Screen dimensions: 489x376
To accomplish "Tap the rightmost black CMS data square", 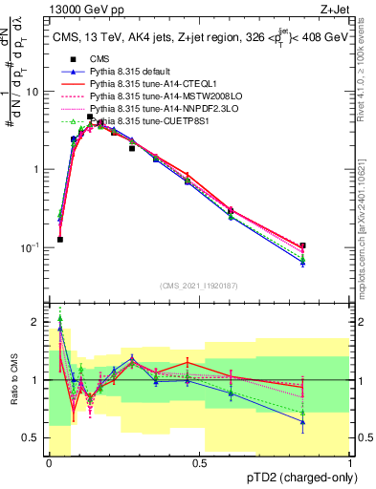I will click(302, 245).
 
